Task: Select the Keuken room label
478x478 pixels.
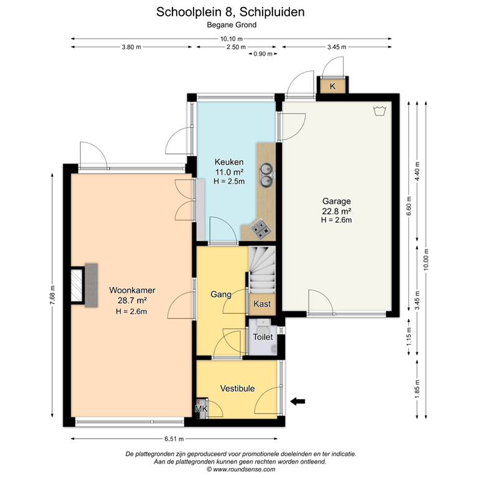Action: [229, 162]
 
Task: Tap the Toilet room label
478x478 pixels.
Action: [263, 337]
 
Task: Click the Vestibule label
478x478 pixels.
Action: [237, 388]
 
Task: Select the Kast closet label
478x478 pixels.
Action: [262, 304]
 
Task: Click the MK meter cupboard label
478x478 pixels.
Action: [201, 409]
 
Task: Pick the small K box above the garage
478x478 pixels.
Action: [332, 86]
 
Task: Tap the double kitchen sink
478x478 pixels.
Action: [266, 174]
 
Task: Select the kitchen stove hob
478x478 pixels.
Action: [260, 229]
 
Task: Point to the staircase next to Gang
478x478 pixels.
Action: [261, 270]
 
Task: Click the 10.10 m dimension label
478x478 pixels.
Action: [231, 39]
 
